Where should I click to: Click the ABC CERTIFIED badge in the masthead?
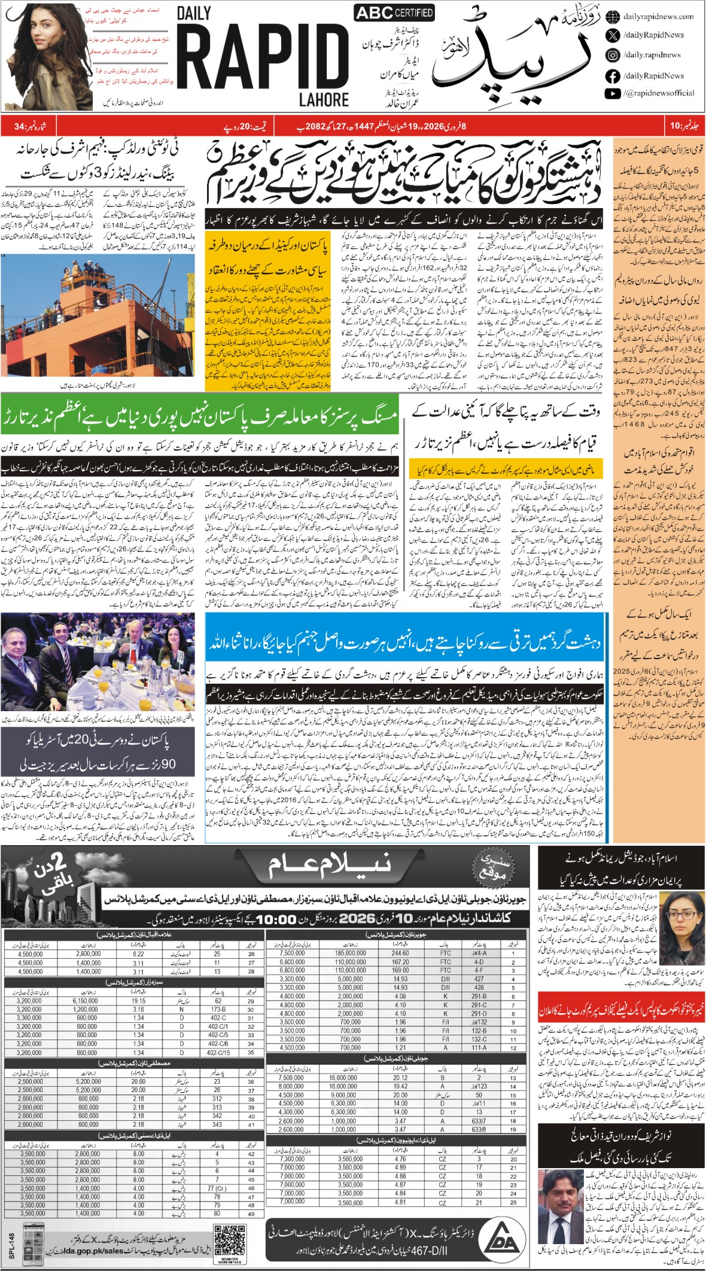click(x=394, y=13)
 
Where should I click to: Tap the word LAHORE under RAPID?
click(x=324, y=99)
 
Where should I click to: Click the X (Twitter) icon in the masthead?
click(x=612, y=35)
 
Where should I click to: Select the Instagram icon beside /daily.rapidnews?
click(x=612, y=55)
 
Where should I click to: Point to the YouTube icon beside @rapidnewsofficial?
click(x=612, y=93)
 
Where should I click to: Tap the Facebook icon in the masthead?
click(x=612, y=76)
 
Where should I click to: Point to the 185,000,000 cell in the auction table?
click(x=351, y=953)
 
